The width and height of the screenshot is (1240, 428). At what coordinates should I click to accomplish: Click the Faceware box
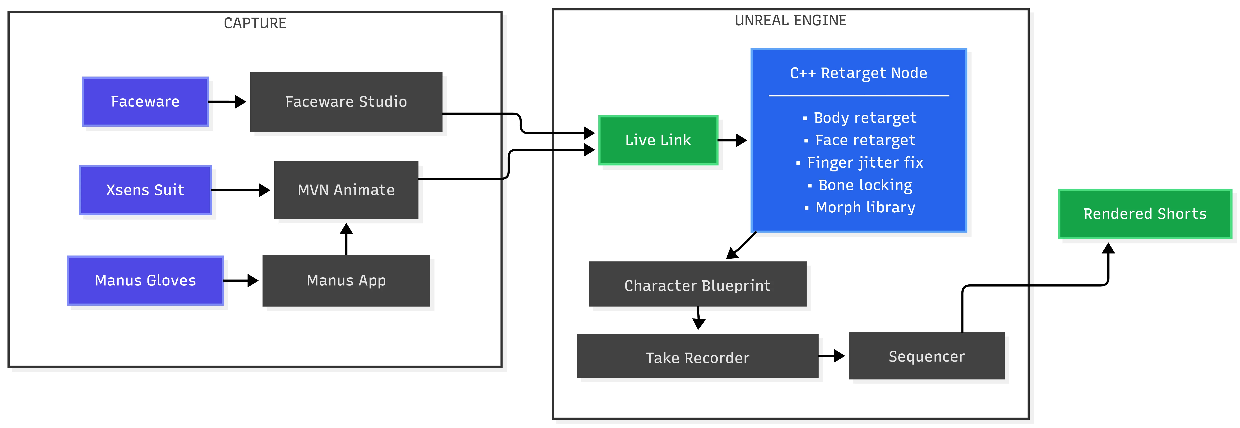coord(145,102)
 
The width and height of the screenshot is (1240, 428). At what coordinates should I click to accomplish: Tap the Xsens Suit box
coord(145,190)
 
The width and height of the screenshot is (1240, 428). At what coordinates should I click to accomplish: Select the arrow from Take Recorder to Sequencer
coord(831,356)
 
